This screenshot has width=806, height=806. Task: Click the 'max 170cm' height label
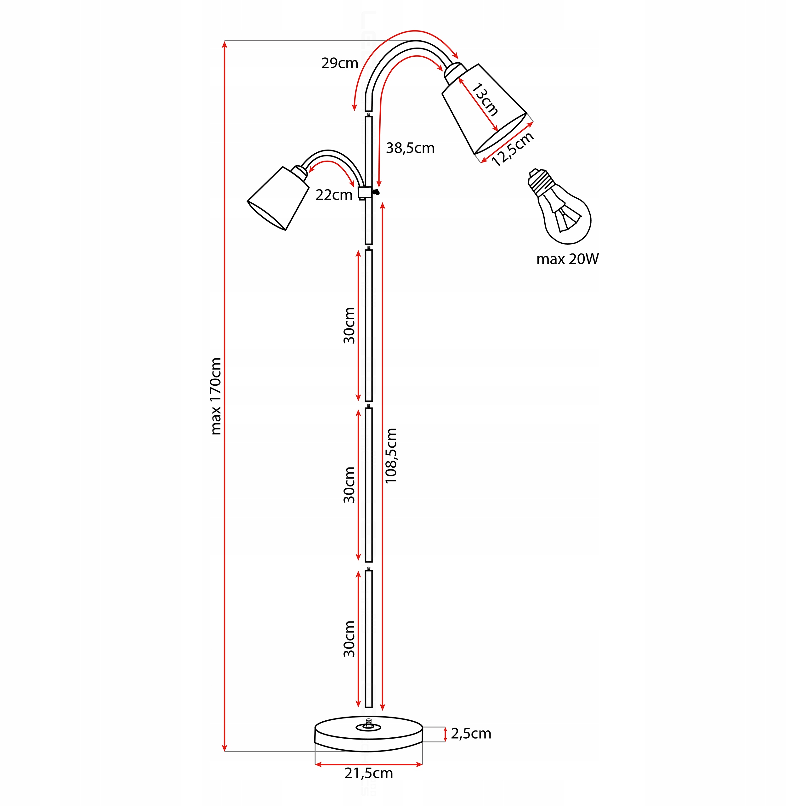[x=216, y=396]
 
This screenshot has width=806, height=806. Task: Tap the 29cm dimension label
[x=340, y=63]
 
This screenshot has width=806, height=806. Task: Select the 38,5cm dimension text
[x=410, y=148]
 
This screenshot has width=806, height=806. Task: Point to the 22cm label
[x=334, y=195]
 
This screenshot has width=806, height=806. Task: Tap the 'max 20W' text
[x=567, y=259]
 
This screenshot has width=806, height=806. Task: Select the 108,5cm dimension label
[x=391, y=456]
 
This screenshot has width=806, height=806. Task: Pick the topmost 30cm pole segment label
[x=349, y=326]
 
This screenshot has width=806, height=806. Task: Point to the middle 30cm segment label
[x=349, y=485]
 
